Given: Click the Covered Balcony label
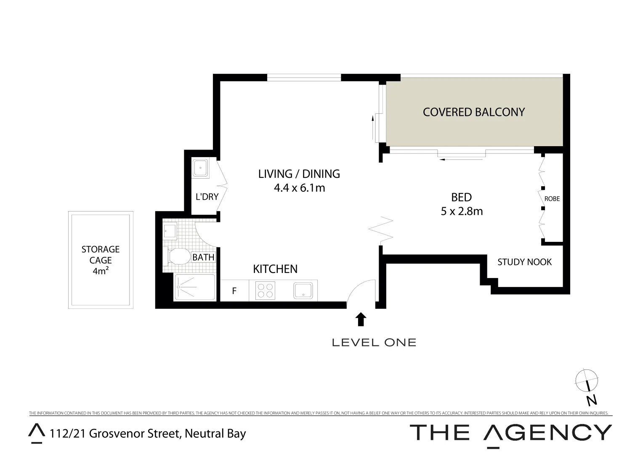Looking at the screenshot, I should coord(474,112).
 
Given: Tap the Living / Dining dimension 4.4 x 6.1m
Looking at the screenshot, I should coord(299,188).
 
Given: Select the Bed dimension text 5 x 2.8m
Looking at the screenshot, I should coord(462,211).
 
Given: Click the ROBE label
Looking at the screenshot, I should coord(552,198).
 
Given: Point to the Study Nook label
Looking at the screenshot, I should coord(524,262).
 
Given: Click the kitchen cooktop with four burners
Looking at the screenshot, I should coord(265,291).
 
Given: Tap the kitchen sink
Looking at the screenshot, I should coord(303,291).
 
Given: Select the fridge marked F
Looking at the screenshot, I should coord(234,291).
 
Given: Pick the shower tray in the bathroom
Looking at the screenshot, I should coord(194,287).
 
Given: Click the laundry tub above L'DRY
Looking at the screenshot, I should coord(200,168).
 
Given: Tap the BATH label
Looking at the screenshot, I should coord(203,257).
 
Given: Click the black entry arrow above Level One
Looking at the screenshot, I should coord(361,319).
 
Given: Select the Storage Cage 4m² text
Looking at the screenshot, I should coord(101,260).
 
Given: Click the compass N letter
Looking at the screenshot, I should coord(592,400).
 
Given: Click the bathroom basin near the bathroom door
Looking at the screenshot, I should coord(170,231).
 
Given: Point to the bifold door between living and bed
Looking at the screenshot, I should coord(381,230).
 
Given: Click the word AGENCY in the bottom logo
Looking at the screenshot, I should coord(547,433).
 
